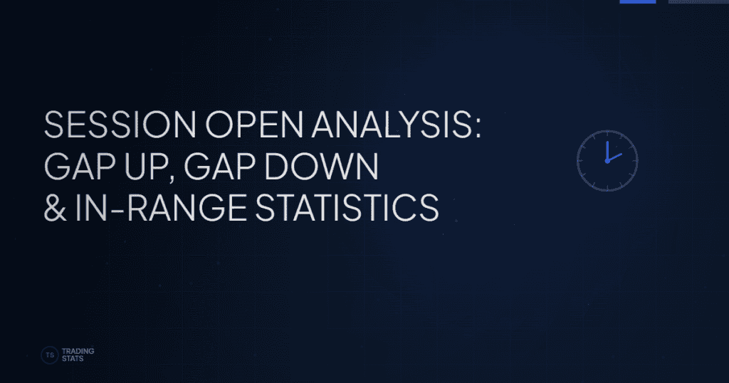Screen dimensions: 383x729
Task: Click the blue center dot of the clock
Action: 607,160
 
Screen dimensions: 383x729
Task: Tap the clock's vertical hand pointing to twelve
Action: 607,150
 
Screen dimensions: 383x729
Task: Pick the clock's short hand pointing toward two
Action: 615,157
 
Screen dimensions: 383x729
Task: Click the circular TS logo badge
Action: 50,355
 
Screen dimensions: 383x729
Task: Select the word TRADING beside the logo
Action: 78,351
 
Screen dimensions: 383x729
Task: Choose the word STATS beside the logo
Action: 73,359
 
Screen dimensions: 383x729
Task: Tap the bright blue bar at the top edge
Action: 637,1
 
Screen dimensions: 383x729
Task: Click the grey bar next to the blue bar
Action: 698,1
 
